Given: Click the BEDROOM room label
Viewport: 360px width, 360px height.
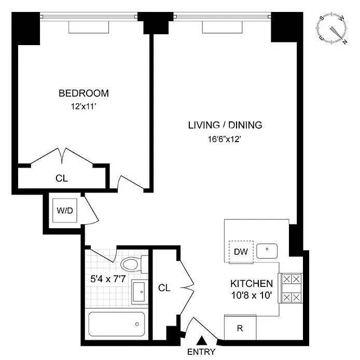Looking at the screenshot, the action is pyautogui.click(x=84, y=93).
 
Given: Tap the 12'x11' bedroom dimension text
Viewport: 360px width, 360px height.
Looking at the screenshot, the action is pyautogui.click(x=83, y=106).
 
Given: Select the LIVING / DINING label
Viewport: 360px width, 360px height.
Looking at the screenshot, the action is pyautogui.click(x=225, y=125).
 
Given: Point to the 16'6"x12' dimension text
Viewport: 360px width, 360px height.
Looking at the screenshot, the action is pyautogui.click(x=224, y=139).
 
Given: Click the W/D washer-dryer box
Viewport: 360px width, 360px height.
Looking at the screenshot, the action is pyautogui.click(x=65, y=210).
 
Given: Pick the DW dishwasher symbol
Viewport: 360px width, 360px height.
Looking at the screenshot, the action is pyautogui.click(x=241, y=252).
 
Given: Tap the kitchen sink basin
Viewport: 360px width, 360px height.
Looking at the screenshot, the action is pyautogui.click(x=267, y=251).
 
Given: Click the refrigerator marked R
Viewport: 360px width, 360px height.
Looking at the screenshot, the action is pyautogui.click(x=240, y=328).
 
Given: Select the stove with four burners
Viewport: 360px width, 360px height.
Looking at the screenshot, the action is pyautogui.click(x=290, y=288).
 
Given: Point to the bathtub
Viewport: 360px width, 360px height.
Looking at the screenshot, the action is pyautogui.click(x=117, y=324).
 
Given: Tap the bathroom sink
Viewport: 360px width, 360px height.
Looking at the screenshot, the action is pyautogui.click(x=139, y=292).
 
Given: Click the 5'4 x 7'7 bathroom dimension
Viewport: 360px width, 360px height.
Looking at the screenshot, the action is pyautogui.click(x=108, y=279).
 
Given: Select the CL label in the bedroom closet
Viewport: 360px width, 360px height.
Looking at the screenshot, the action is pyautogui.click(x=62, y=178).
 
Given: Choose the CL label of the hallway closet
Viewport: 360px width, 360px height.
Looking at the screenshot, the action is pyautogui.click(x=164, y=288).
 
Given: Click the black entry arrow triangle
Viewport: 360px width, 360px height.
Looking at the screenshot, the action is pyautogui.click(x=202, y=340).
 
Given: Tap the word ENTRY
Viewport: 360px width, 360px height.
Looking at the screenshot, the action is pyautogui.click(x=201, y=352).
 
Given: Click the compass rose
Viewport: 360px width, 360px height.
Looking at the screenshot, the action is pyautogui.click(x=331, y=29).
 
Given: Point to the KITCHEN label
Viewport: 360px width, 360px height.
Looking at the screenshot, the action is pyautogui.click(x=252, y=284).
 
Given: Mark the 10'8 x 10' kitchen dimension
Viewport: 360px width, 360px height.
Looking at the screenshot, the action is pyautogui.click(x=252, y=295).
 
